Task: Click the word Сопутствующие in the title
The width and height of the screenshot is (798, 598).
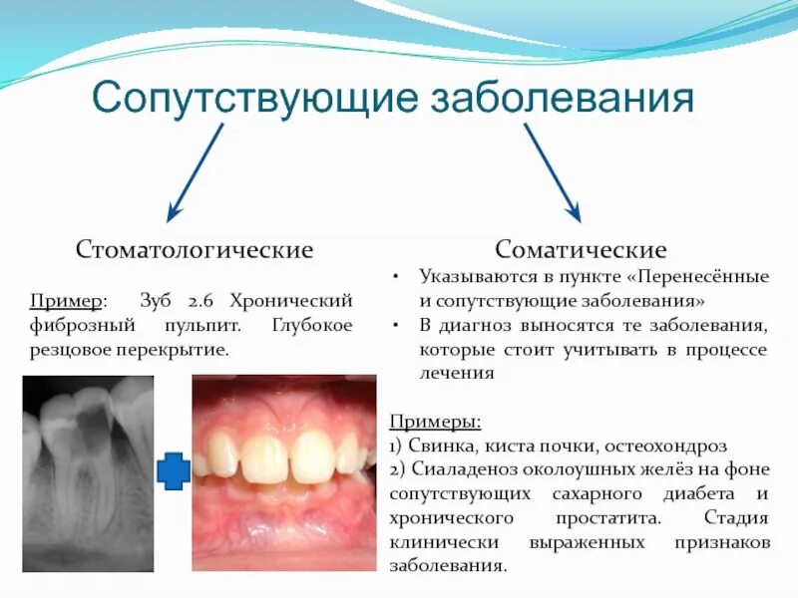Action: click(253, 100)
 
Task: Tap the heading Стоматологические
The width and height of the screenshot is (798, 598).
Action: click(195, 249)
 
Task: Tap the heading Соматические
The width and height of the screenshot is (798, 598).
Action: click(582, 249)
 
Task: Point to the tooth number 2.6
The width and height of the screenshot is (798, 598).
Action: click(202, 300)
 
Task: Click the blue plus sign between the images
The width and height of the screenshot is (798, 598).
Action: click(174, 470)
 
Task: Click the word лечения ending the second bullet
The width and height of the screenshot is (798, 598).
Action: click(456, 374)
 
